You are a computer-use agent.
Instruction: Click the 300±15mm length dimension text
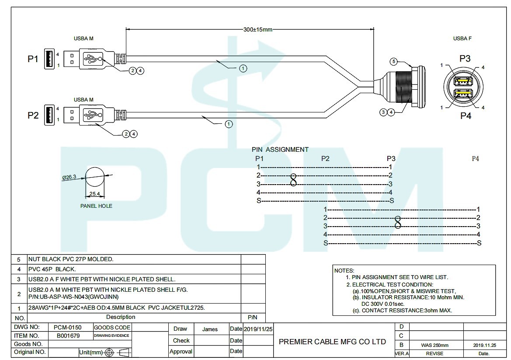258,30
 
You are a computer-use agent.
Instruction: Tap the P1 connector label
33,59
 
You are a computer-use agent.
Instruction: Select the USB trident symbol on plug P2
92,115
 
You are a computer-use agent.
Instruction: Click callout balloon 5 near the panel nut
393,61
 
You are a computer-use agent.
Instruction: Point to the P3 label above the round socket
465,58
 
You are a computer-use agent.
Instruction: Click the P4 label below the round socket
465,116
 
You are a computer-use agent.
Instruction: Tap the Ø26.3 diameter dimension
69,177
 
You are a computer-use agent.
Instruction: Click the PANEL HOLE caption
96,206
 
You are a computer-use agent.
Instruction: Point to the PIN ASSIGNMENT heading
280,150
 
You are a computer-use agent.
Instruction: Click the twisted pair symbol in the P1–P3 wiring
293,179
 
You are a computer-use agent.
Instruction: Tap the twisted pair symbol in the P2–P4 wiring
398,222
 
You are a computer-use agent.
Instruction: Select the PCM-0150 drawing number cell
68,327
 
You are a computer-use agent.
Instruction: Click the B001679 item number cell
68,336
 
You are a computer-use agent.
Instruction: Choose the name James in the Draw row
210,329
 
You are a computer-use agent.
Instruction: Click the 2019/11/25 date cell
258,329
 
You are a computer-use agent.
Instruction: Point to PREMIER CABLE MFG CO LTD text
332,342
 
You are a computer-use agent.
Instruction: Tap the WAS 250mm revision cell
435,345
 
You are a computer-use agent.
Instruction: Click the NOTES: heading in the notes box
344,271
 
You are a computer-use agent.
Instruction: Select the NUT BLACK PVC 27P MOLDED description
71,259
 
